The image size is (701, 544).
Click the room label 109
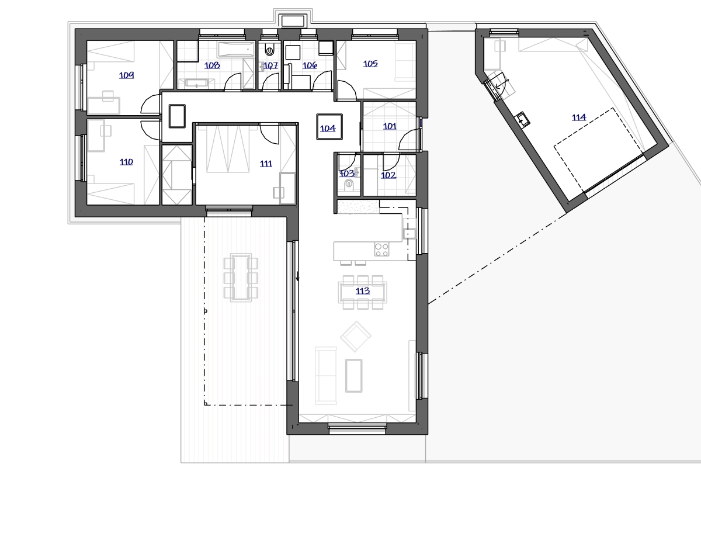tap(126, 75)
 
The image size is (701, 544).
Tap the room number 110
tap(126, 162)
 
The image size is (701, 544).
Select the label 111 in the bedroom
tap(266, 164)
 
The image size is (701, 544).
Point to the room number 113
tap(363, 291)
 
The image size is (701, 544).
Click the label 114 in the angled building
tap(579, 117)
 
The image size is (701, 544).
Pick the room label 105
tap(370, 64)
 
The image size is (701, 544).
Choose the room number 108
tap(212, 65)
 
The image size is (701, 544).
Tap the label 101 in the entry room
tap(390, 126)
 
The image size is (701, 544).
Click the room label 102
tap(388, 175)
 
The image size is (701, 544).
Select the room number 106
tap(310, 65)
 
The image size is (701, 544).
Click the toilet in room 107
tap(270, 49)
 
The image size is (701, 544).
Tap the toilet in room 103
tap(349, 185)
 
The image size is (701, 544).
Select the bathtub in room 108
tap(237, 50)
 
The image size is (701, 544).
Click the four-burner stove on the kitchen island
tap(381, 250)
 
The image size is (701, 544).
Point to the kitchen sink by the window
tap(410, 233)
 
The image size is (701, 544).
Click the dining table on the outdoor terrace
tap(241, 278)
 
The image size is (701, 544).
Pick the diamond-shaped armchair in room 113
tap(356, 336)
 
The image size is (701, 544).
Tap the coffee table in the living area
tap(354, 376)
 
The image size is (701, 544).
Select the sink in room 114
tap(523, 119)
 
